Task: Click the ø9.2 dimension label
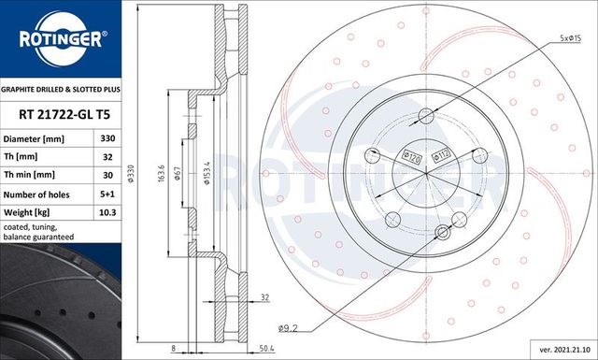[289, 327]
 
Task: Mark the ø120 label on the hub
[408, 153]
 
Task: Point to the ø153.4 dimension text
[207, 174]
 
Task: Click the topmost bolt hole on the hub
[425, 117]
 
